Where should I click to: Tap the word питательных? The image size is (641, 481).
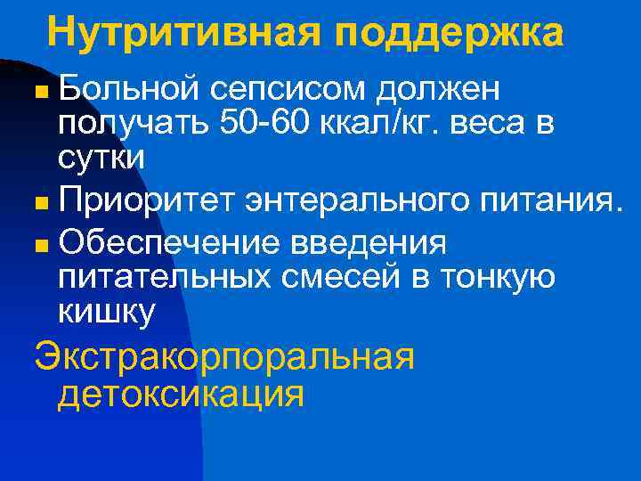pos(165,277)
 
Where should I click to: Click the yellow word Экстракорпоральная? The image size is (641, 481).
pos(224,356)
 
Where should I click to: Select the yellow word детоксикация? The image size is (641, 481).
pos(181,392)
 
